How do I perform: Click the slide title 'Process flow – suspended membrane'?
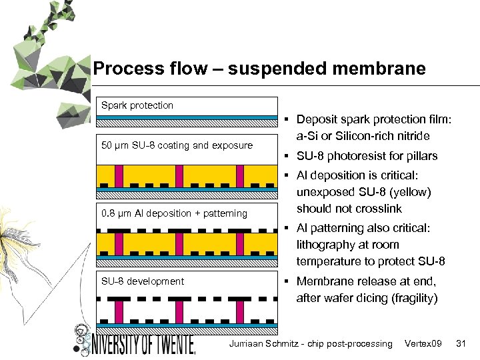click(259, 69)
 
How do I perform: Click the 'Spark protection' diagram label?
click(137, 105)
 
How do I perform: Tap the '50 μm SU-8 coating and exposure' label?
click(177, 145)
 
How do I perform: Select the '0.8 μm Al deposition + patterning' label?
click(174, 213)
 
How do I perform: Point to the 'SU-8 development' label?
click(143, 281)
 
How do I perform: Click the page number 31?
click(460, 343)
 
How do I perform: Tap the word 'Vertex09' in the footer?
click(423, 343)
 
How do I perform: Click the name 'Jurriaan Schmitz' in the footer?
click(263, 343)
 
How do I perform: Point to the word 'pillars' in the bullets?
click(420, 156)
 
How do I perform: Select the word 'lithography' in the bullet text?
click(329, 245)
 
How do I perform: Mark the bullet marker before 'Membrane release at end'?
click(285, 281)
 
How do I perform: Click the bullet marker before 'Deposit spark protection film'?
click(285, 120)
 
